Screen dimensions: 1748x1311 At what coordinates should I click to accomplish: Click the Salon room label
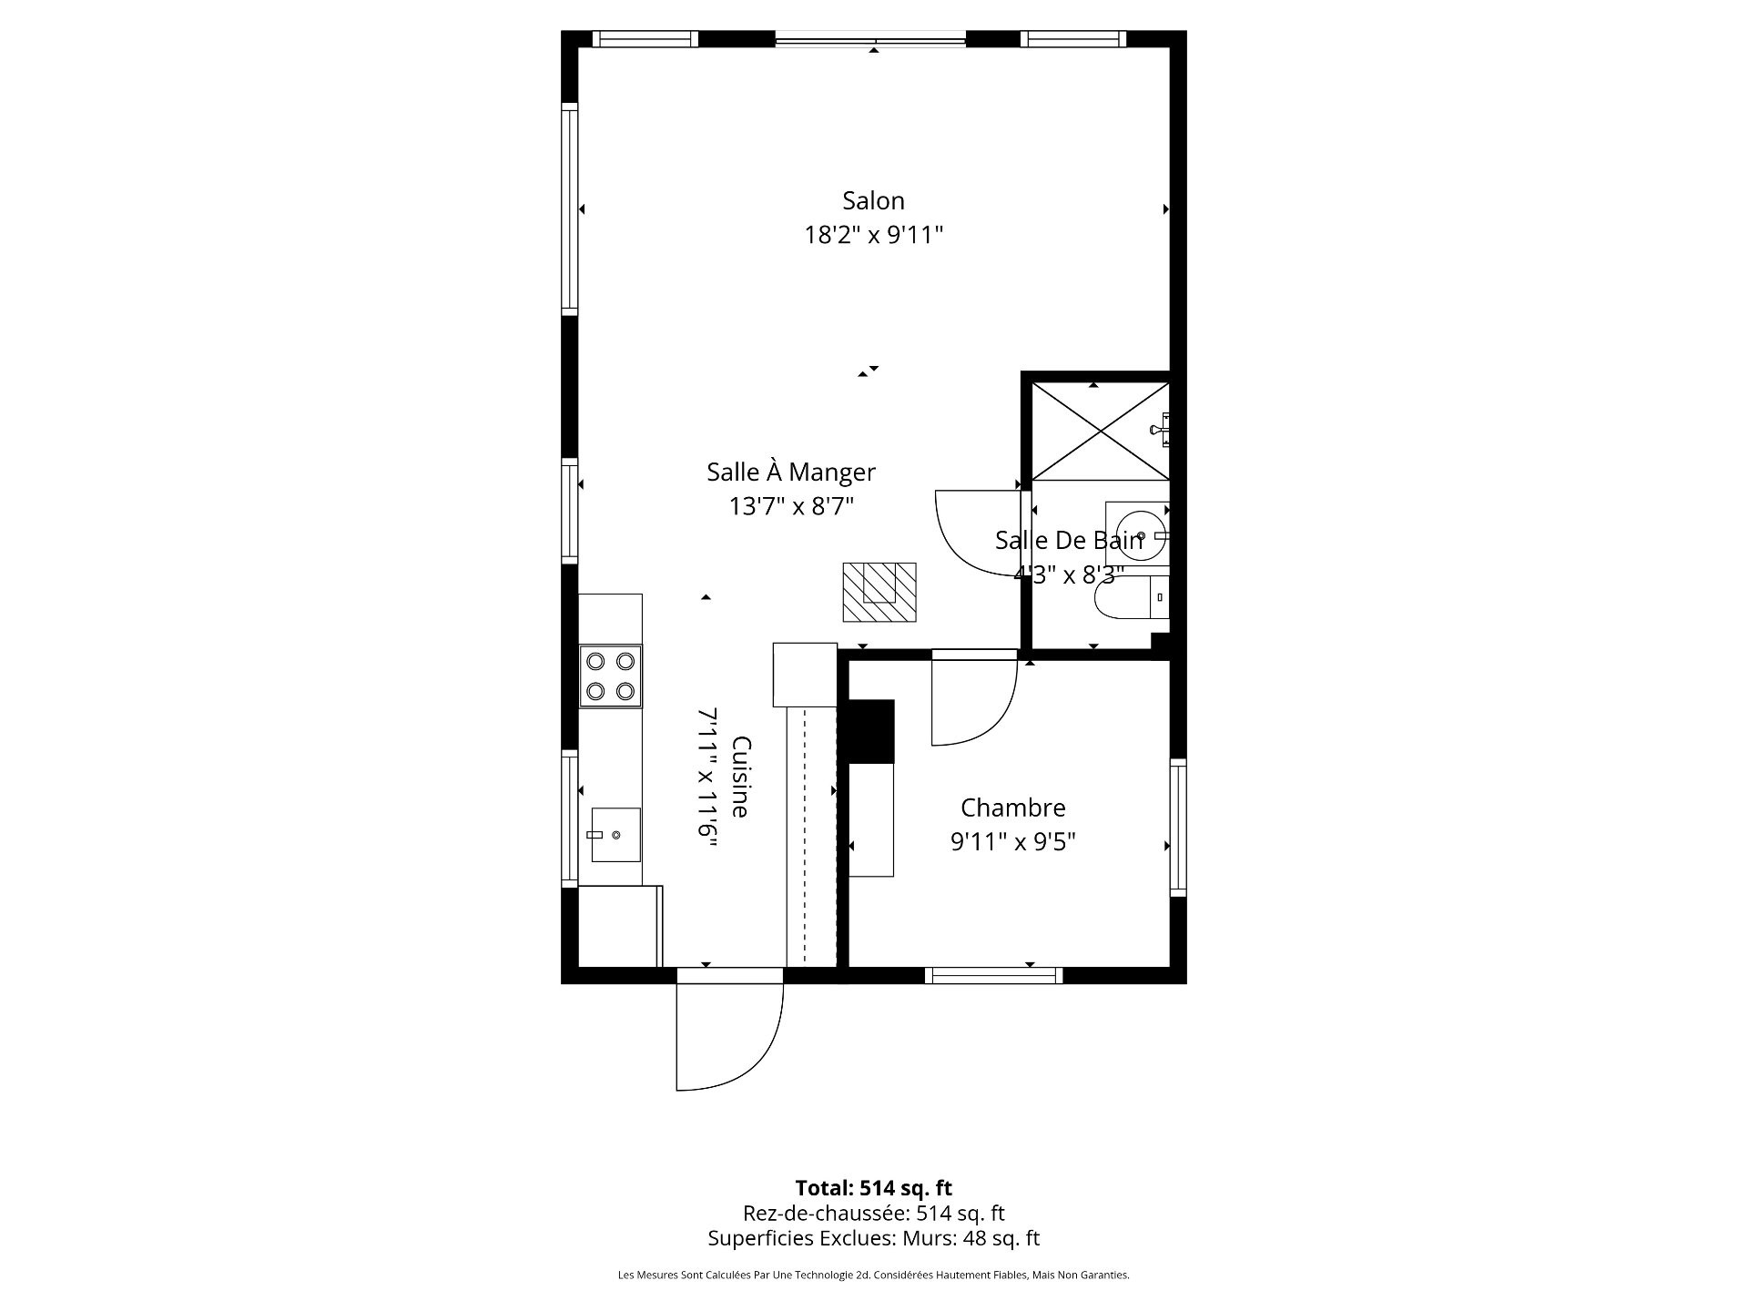873,200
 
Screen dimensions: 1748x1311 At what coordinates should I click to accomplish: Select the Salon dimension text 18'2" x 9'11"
873,235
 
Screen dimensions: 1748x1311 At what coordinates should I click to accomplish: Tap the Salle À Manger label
791,472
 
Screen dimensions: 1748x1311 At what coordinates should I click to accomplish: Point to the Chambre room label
1013,808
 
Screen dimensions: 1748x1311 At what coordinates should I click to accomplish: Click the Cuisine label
741,777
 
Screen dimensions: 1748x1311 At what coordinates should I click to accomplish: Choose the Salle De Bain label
1069,541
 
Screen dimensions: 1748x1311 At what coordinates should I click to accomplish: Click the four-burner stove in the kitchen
611,676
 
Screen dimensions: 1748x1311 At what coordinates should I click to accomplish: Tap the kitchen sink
615,834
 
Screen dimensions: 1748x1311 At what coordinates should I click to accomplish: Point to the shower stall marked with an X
1100,432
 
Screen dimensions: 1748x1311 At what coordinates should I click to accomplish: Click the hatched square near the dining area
879,593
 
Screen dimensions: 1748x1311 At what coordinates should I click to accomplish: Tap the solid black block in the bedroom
871,731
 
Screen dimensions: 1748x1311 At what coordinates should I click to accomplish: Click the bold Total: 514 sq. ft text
873,1188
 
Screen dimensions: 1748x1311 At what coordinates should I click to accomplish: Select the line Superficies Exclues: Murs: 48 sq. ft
873,1238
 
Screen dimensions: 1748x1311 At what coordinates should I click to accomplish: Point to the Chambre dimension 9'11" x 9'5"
1013,842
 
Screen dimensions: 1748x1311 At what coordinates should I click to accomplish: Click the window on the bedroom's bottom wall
994,976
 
